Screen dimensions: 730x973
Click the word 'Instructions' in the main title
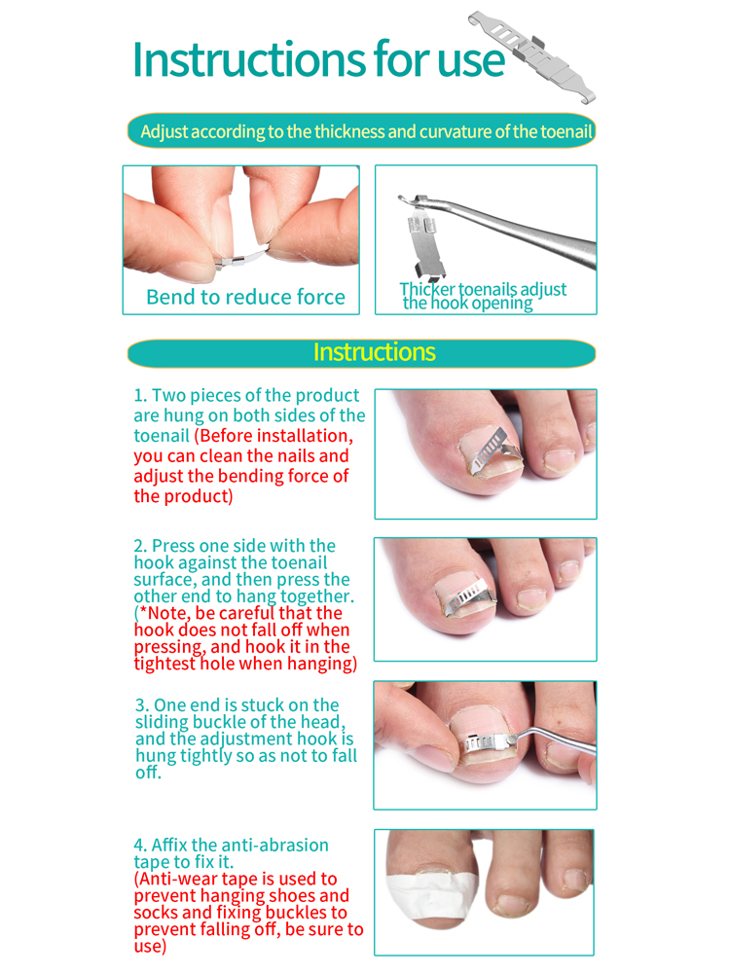249,59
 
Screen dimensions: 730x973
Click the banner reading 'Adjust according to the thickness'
361,131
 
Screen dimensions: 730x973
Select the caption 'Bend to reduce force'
245,297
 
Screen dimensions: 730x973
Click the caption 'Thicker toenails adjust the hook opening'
483,296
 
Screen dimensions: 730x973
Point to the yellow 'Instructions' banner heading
375,352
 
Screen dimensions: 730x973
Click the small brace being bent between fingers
241,258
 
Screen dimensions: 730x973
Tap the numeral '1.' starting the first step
140,395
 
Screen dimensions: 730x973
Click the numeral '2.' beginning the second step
140,546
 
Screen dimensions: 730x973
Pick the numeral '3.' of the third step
142,704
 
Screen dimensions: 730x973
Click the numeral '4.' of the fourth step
141,846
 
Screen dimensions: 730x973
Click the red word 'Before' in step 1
228,436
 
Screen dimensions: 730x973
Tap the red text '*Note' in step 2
164,613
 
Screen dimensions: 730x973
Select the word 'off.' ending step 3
148,773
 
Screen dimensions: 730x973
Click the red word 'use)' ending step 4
150,947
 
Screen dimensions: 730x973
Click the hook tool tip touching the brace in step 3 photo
509,739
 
